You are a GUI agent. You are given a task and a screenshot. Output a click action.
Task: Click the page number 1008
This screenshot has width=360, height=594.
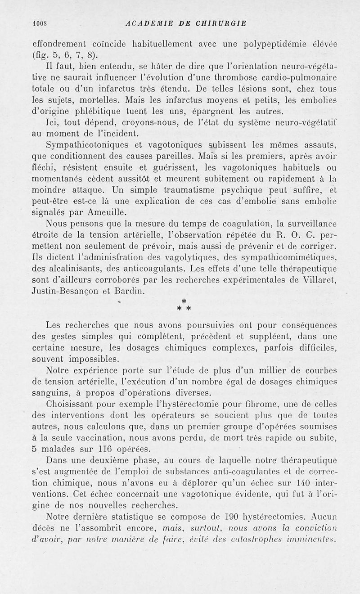[x=41, y=24]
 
